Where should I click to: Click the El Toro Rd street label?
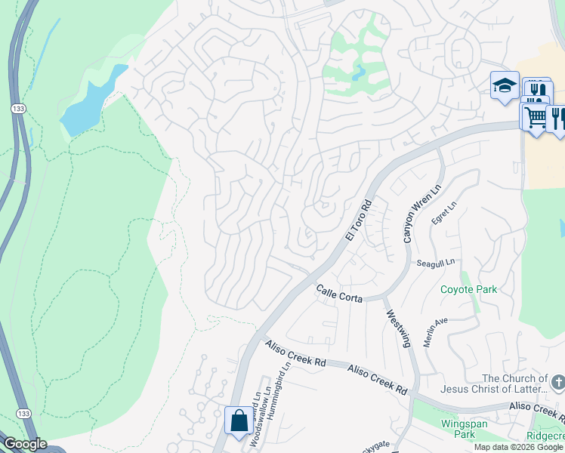[360, 220]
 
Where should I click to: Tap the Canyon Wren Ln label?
[411, 214]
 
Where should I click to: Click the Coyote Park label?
[468, 289]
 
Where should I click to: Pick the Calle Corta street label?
[339, 293]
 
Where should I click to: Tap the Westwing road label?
[398, 328]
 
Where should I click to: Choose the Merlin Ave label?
[436, 331]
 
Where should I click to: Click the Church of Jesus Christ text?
[514, 384]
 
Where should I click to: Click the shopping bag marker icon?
[239, 420]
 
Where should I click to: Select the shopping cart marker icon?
[535, 117]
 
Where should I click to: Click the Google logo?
[24, 444]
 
